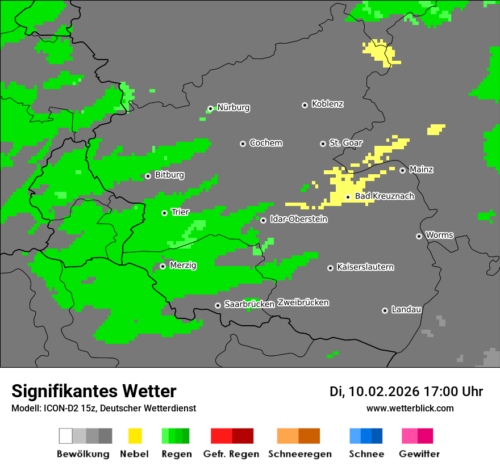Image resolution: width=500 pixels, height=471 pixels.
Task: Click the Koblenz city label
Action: click(x=327, y=104)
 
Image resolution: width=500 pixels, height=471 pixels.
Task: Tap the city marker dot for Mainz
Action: click(x=402, y=170)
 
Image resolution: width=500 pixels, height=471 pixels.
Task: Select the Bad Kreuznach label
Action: click(x=384, y=196)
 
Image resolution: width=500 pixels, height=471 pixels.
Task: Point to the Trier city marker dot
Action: click(x=164, y=213)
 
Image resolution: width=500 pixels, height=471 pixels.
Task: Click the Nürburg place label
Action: click(x=233, y=108)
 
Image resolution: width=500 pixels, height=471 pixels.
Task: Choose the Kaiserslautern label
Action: click(x=365, y=267)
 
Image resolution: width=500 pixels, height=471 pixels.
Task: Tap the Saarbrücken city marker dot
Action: click(x=218, y=305)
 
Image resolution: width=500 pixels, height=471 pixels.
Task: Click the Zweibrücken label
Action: click(x=303, y=303)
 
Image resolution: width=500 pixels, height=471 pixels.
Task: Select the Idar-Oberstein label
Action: click(x=298, y=220)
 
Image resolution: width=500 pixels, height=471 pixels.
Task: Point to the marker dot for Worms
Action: click(x=419, y=236)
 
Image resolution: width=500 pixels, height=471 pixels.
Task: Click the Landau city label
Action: click(x=406, y=310)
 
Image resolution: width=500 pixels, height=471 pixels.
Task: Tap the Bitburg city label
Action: click(x=169, y=175)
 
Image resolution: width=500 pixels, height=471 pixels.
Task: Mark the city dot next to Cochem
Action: click(x=243, y=144)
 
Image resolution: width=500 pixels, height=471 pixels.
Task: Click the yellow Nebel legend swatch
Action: click(x=135, y=436)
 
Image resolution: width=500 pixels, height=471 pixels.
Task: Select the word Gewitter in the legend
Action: click(x=419, y=454)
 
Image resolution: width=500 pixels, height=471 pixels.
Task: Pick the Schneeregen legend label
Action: click(x=299, y=454)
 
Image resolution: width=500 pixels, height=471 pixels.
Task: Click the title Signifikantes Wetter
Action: click(x=94, y=392)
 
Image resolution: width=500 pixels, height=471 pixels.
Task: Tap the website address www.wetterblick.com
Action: click(x=410, y=408)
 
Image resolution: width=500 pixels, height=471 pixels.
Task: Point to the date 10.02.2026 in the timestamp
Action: click(x=384, y=392)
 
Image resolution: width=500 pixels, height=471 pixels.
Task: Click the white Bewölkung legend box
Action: click(x=66, y=436)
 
